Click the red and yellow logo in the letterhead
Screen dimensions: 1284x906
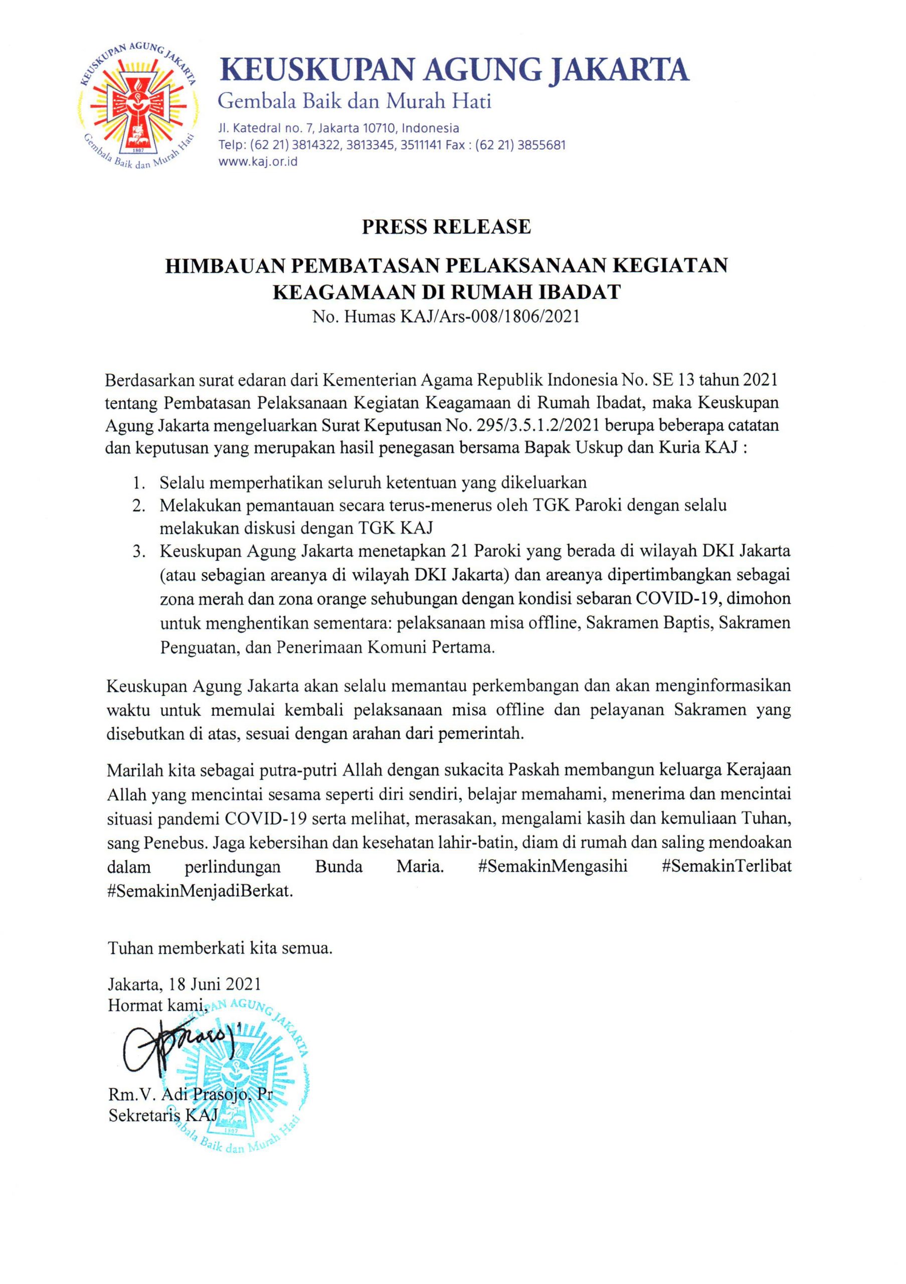(137, 107)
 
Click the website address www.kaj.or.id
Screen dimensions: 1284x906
(258, 162)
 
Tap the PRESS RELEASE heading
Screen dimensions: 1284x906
(446, 227)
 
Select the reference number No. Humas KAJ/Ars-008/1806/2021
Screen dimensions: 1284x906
(446, 317)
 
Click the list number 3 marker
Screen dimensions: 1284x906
(138, 552)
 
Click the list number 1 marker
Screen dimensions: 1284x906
(138, 482)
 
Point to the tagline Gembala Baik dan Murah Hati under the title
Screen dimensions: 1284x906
(354, 101)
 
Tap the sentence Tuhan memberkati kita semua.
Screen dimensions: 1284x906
(220, 949)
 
